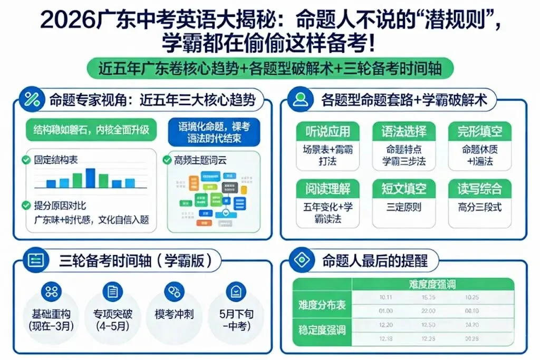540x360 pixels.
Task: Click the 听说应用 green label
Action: [x=327, y=131]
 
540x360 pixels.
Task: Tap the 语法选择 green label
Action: [x=404, y=131]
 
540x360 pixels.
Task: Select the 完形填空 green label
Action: [x=480, y=131]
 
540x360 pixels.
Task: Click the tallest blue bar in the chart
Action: [x=90, y=178]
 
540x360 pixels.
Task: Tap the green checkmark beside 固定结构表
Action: [x=25, y=159]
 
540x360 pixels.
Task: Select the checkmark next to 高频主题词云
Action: [x=167, y=159]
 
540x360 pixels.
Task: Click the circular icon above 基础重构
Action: [x=51, y=291]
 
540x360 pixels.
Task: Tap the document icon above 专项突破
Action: [x=112, y=291]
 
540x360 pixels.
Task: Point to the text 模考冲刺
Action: [x=175, y=315]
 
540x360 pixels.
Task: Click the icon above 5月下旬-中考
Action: [x=236, y=291]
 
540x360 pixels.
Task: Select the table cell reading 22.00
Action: [x=428, y=311]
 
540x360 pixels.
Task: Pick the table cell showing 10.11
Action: [x=385, y=298]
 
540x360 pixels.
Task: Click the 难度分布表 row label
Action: [x=322, y=305]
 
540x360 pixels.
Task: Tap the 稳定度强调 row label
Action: [x=322, y=330]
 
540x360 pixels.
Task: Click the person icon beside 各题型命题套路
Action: [x=301, y=100]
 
